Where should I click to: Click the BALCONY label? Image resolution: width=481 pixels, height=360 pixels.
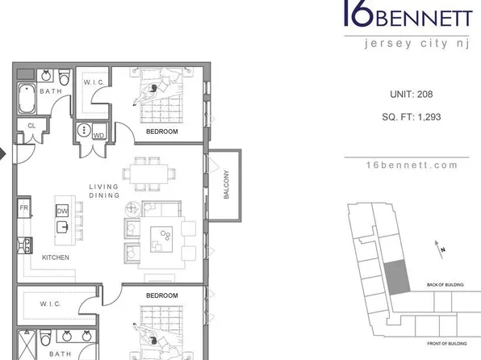point(227,185)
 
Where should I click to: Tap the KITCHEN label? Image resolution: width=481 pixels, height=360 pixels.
point(56,257)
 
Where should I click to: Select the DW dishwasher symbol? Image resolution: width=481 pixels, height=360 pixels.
point(62,211)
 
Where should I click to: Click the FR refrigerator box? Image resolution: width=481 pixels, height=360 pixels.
point(24,207)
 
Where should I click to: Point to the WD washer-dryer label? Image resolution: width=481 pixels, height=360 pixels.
point(98,136)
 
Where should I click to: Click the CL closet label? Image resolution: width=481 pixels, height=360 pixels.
point(31,126)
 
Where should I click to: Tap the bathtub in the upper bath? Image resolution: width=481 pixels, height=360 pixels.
point(27,98)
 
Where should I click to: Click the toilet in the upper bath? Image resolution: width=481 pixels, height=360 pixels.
point(65,77)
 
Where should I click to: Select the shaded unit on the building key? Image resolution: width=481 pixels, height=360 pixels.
point(397,277)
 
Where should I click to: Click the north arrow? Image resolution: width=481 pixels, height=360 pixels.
point(439,249)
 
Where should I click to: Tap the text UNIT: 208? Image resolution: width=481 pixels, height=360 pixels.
point(412,94)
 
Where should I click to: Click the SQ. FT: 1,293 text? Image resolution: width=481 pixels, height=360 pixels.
point(412,117)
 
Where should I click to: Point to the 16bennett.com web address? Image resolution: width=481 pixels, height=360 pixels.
point(412,165)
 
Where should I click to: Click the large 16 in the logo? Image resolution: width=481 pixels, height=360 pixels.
point(358,13)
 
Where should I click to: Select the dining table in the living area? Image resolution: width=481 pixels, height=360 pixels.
point(148,174)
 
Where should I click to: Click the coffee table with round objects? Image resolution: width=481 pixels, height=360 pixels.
point(161,240)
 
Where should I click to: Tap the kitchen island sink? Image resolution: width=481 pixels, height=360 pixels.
point(62,227)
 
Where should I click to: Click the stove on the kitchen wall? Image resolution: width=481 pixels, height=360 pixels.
point(25,245)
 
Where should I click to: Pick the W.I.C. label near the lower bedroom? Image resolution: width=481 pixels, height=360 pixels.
point(50,304)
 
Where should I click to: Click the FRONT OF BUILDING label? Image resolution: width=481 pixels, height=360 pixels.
point(447,343)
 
